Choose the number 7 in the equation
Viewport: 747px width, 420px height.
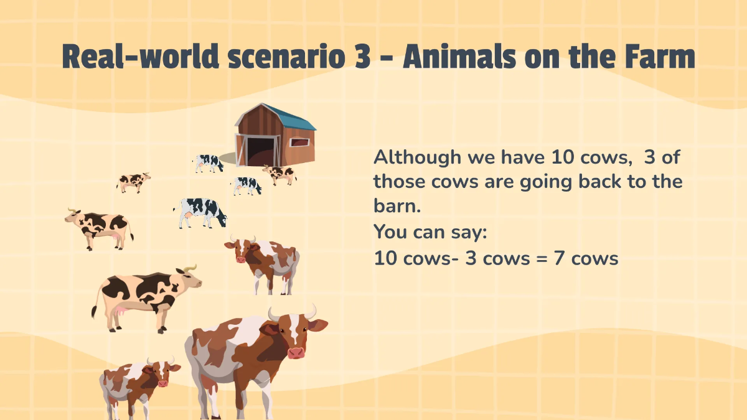click(558, 259)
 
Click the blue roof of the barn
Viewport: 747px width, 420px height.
click(293, 118)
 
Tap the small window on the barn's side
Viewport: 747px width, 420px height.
click(301, 141)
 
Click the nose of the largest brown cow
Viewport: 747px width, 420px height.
click(296, 352)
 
